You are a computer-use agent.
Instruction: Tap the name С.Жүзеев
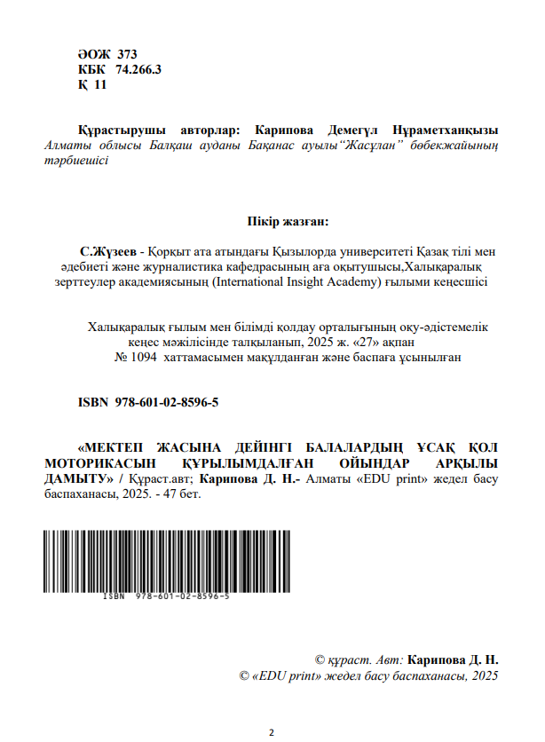click(110, 250)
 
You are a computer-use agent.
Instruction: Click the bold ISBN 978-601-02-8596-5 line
click(149, 403)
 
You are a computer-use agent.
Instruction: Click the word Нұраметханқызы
click(448, 129)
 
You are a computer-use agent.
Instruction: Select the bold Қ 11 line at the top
click(92, 84)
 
